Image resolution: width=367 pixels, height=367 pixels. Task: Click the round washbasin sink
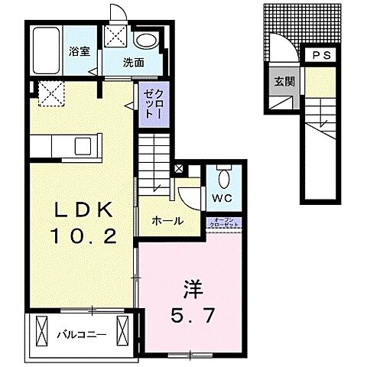point(145,41)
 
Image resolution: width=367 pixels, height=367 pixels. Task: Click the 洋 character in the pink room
point(193,290)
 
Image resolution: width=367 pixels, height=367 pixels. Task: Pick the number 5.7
point(193,313)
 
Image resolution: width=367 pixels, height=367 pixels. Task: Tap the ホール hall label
point(167,221)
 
